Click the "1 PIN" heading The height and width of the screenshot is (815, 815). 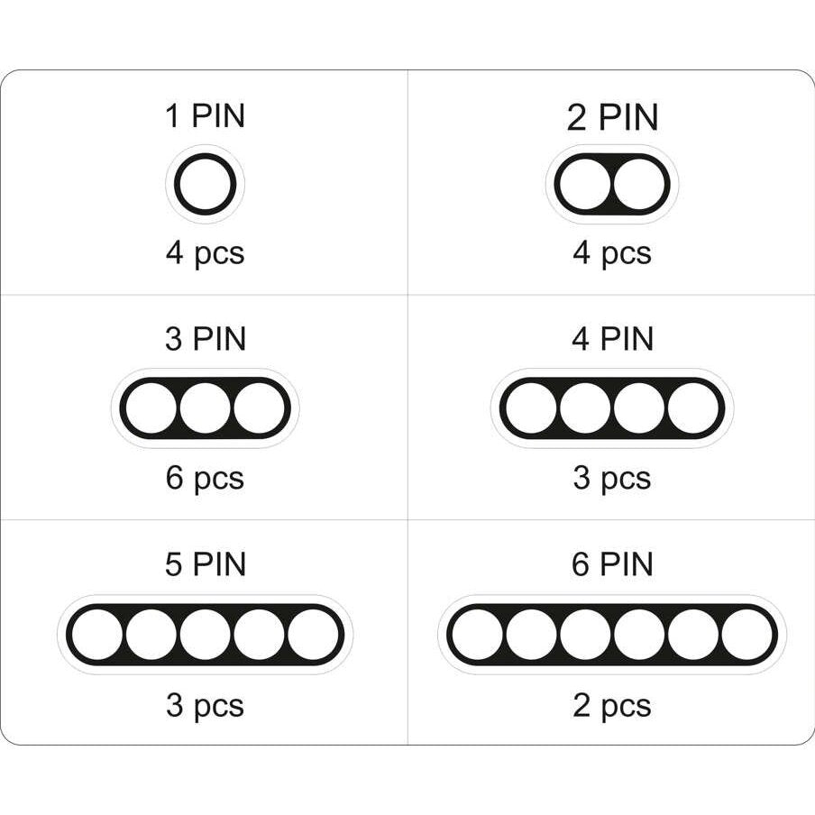(205, 115)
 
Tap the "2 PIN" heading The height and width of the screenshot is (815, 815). (612, 117)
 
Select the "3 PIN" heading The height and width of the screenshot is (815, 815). (206, 339)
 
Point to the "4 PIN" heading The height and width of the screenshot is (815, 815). (612, 339)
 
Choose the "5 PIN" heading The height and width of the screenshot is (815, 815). (206, 564)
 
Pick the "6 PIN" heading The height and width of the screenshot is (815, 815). (612, 564)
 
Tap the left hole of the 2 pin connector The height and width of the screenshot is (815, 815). (585, 184)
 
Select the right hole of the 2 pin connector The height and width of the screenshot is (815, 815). (639, 184)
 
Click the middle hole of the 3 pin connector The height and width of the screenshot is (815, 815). (206, 408)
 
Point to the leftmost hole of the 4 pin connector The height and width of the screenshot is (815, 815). (531, 408)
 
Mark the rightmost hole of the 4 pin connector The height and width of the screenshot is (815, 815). (693, 408)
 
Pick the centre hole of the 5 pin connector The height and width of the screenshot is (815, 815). (206, 635)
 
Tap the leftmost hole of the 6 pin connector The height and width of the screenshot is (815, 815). (478, 635)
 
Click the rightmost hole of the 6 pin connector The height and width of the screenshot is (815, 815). (746, 635)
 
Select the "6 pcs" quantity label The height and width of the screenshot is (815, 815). (205, 479)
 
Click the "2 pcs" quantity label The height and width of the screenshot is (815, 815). (612, 706)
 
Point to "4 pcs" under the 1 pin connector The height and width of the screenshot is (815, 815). (205, 254)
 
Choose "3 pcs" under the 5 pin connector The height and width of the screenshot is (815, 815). (205, 706)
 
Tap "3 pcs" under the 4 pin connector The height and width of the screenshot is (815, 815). (612, 479)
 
